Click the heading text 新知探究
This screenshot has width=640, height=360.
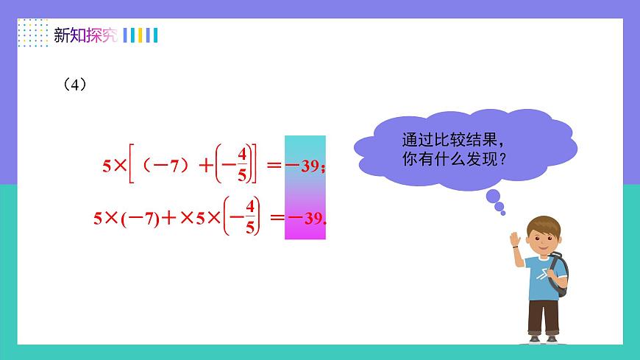(x=85, y=35)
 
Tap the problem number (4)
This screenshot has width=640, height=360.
(x=76, y=85)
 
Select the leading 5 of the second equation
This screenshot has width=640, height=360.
(x=98, y=219)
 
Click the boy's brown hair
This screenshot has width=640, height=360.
(x=544, y=224)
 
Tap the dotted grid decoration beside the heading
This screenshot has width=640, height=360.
(x=32, y=33)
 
